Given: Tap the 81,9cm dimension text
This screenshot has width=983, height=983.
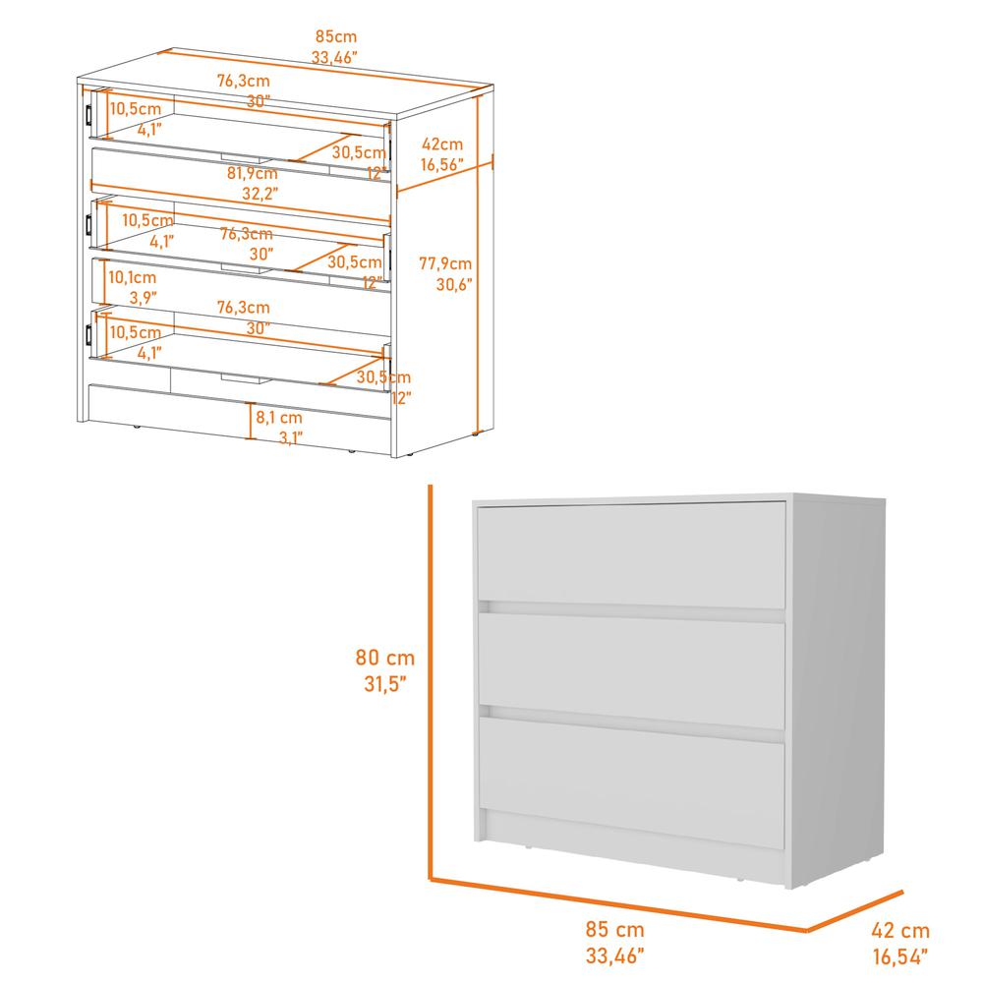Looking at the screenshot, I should tap(252, 173).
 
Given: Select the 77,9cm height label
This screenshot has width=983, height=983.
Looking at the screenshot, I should tap(445, 263).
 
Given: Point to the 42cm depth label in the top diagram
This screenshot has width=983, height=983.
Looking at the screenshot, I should tap(441, 145).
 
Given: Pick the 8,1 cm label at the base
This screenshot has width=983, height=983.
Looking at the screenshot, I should tap(279, 417).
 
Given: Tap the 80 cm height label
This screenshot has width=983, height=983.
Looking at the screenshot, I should tap(385, 658).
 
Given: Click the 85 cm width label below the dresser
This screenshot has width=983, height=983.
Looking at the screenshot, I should tap(615, 929).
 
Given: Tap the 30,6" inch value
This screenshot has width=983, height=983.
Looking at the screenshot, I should tap(454, 285).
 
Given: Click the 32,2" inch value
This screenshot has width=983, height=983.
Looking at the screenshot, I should tap(260, 193).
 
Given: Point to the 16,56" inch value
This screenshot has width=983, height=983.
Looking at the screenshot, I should tap(441, 166).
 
